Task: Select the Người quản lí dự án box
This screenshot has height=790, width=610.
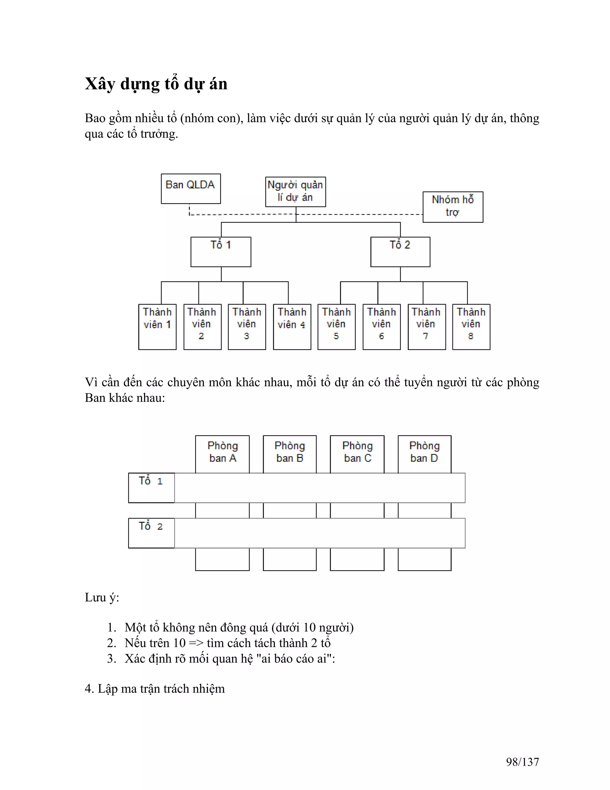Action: point(295,192)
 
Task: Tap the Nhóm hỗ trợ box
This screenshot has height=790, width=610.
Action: point(452,207)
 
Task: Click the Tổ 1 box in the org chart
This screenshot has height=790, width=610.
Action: point(220,252)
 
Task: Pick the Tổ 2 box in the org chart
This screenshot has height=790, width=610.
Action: point(400,252)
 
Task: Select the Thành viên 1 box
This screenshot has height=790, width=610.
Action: point(157,327)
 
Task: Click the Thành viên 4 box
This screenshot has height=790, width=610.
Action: point(292,327)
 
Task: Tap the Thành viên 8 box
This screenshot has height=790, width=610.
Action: point(471,327)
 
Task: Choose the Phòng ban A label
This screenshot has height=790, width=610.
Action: point(222,452)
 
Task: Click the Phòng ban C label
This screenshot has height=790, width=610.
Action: point(357,452)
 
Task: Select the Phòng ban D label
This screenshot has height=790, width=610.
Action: point(424,452)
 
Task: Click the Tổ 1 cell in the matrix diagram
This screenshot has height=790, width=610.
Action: point(151,487)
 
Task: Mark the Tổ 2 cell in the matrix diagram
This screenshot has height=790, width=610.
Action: point(151,532)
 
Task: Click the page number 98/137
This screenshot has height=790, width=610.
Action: point(522,761)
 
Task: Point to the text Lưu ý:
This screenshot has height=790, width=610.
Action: point(102,597)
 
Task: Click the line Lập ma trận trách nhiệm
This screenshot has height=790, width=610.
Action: point(161,688)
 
